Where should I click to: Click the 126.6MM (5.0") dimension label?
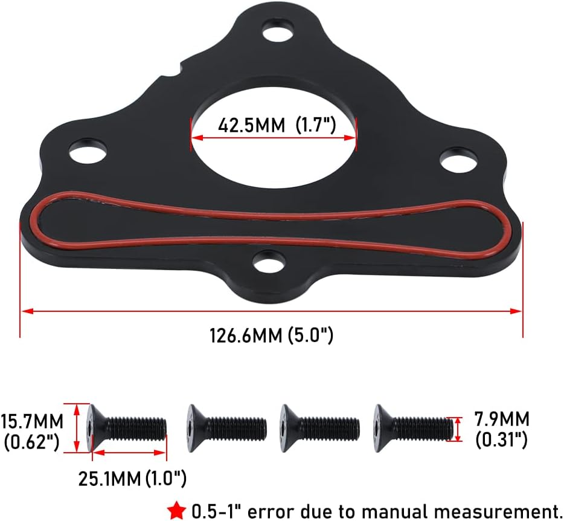[271, 334]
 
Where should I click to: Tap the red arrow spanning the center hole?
[274, 138]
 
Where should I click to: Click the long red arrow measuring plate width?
[271, 311]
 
